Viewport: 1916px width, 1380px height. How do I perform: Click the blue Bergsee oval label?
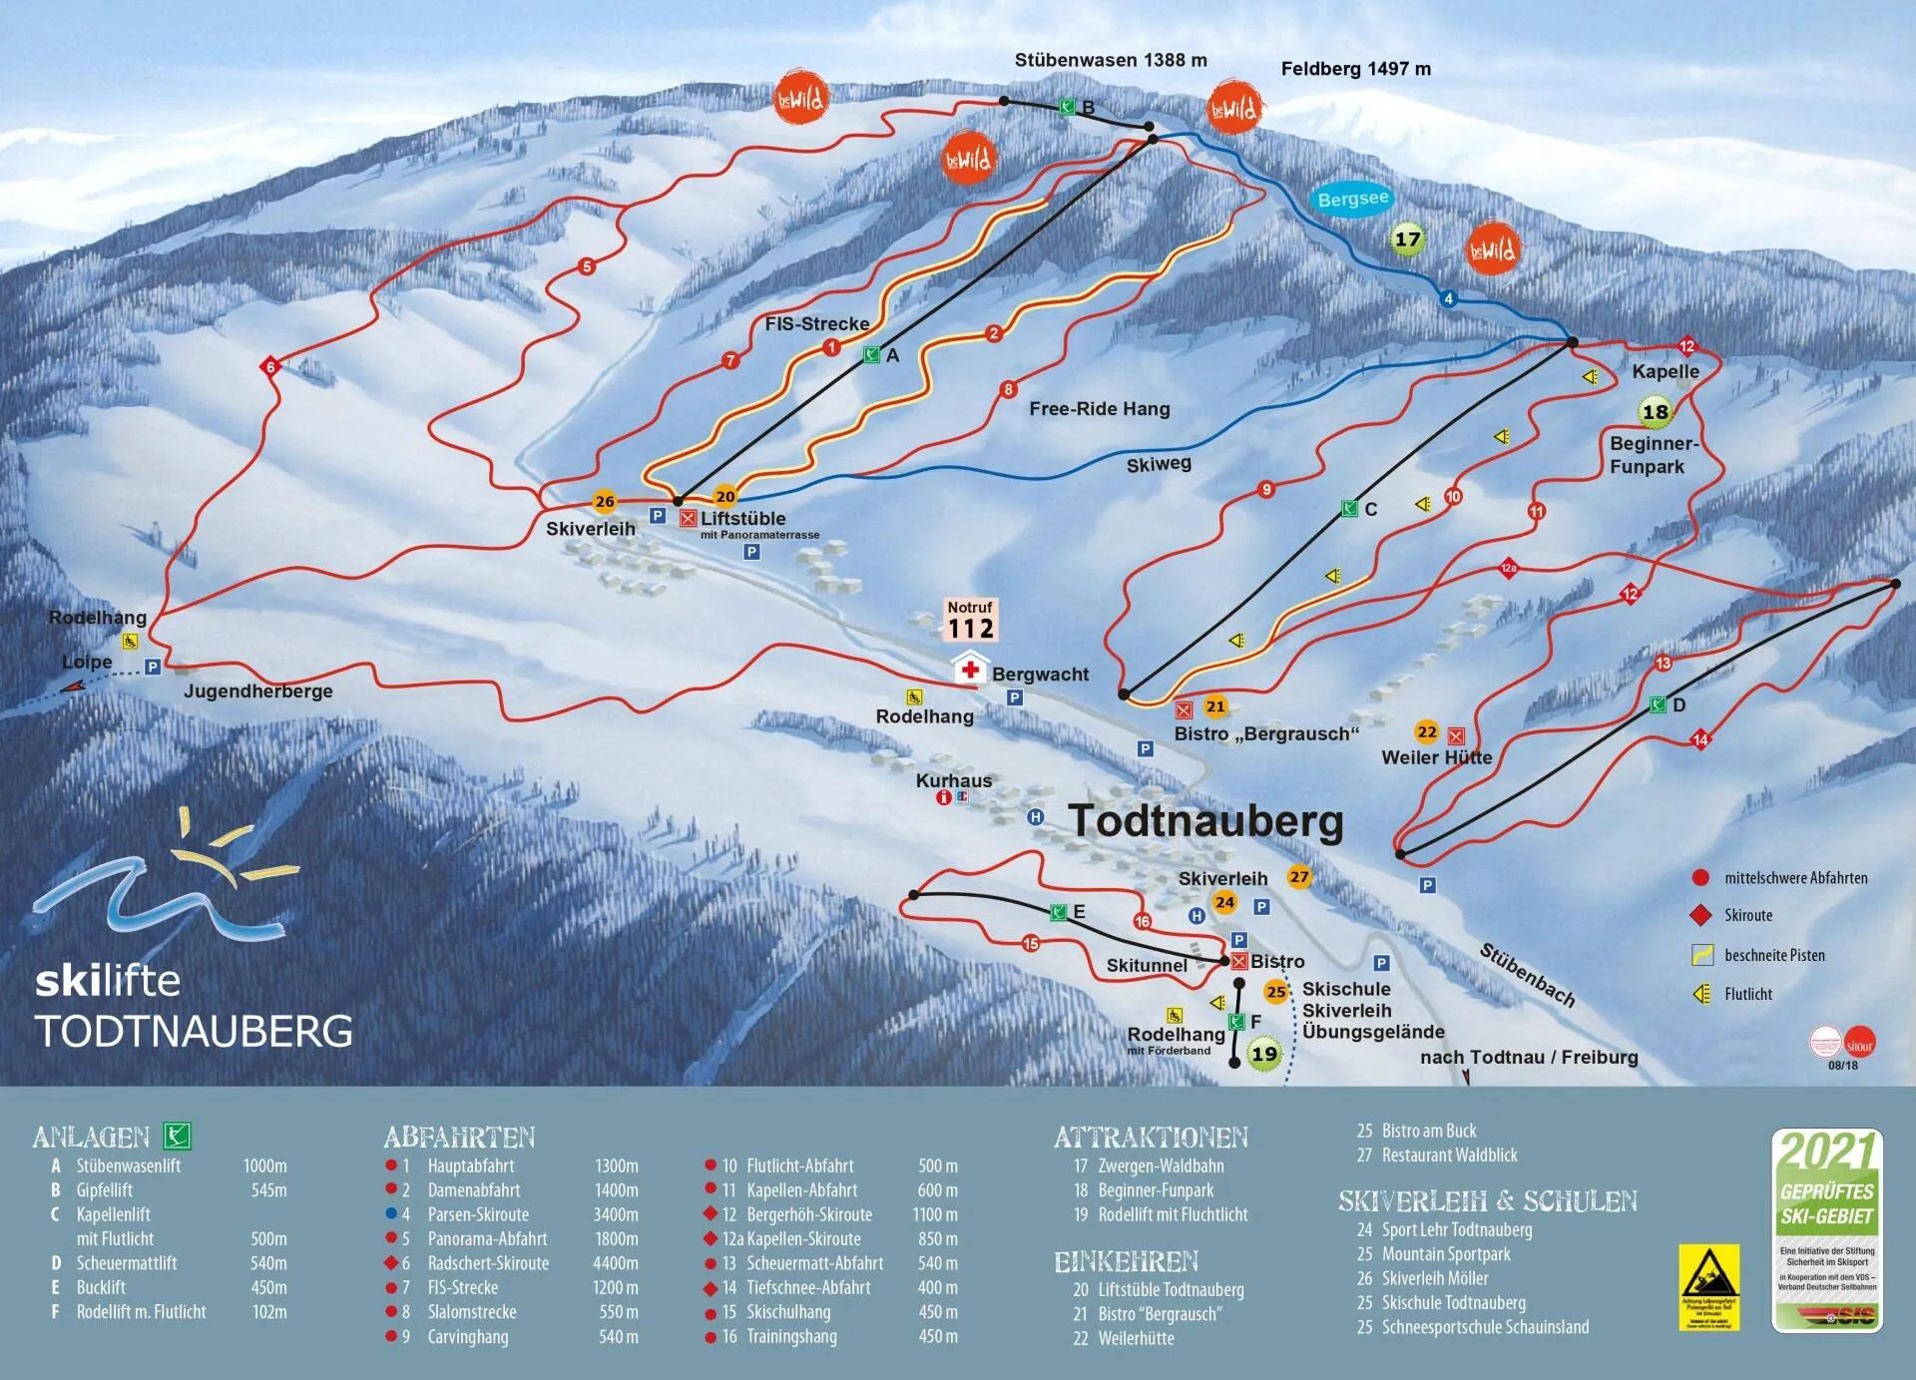[x=1352, y=200]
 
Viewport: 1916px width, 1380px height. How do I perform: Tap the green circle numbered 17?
[x=1407, y=239]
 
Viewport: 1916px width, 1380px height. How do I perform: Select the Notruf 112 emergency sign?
[x=971, y=620]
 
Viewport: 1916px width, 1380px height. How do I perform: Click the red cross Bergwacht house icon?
[x=969, y=669]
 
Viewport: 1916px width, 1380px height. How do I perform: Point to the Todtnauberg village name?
[x=1206, y=821]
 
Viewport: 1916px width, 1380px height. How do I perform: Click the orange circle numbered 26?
[x=604, y=502]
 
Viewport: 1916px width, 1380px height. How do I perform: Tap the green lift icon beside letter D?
[x=1658, y=705]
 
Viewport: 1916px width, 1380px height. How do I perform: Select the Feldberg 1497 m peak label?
[x=1355, y=69]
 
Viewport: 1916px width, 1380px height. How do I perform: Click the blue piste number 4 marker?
[x=1448, y=298]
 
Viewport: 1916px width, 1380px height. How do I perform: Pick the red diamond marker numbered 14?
[x=1701, y=739]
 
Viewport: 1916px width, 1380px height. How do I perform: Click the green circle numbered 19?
[x=1263, y=1054]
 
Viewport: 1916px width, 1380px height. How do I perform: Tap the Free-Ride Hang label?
[x=1099, y=408]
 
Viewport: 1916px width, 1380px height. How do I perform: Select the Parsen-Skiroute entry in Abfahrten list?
[x=478, y=1214]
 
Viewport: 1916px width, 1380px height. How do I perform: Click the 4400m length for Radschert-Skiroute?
[x=615, y=1263]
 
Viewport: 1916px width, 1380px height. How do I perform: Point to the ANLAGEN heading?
[x=91, y=1137]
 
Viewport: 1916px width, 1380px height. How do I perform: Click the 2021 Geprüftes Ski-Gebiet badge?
[x=1826, y=1229]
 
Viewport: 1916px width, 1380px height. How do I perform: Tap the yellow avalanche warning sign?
[x=1708, y=1286]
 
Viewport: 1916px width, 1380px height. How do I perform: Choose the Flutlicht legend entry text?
[x=1748, y=994]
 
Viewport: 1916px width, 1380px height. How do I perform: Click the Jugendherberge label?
[x=257, y=690]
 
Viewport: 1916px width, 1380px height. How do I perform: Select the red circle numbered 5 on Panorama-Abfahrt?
[x=587, y=266]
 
